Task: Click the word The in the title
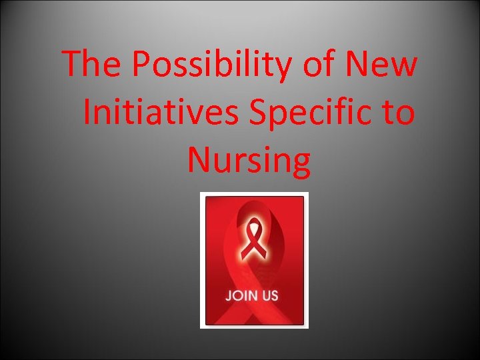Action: point(92,65)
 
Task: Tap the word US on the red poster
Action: point(271,295)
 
